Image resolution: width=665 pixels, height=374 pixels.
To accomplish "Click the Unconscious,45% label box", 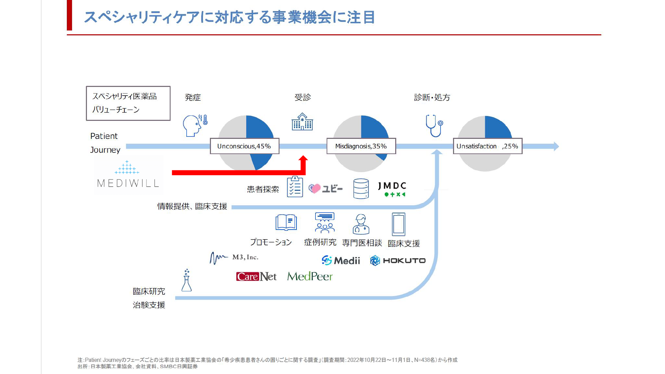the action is click(245, 146).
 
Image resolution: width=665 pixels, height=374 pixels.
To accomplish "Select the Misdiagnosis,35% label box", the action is click(361, 146).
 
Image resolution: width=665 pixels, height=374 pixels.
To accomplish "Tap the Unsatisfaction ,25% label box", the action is click(488, 146).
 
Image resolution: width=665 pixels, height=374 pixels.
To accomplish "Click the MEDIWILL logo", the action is click(128, 174).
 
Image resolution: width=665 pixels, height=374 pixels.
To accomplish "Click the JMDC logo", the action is click(392, 189).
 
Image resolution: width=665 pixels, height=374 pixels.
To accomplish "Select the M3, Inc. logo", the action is click(234, 258).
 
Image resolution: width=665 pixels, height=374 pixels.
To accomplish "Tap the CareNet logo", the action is click(256, 276).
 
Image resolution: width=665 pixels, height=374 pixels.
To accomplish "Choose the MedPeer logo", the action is click(310, 276).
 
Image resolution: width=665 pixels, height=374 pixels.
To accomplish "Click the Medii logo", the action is click(341, 260).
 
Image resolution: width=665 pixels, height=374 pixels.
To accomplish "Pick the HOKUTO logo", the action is click(398, 260).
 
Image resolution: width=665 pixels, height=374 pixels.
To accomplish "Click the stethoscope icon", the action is click(434, 126).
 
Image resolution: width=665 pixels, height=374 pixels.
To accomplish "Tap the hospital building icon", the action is click(302, 122).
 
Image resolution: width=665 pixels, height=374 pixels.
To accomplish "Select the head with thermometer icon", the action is click(195, 125).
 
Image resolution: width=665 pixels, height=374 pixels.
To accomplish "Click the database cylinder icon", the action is click(361, 189).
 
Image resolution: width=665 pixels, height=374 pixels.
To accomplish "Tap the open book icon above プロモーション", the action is click(286, 223).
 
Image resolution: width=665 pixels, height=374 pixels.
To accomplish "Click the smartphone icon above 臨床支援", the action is click(399, 224).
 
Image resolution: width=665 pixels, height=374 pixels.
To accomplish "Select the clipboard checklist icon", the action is click(295, 187).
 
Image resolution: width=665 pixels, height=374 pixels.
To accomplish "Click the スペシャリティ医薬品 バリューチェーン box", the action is click(128, 103).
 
